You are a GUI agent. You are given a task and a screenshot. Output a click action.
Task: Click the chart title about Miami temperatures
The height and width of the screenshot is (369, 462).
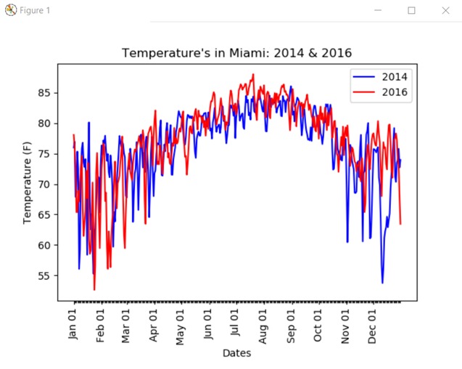point(236,53)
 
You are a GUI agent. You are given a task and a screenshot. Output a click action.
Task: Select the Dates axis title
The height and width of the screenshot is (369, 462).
point(236,354)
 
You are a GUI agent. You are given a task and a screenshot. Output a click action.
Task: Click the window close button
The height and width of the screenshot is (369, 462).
point(445,10)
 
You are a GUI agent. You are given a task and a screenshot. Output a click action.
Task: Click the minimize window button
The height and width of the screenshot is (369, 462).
point(378,10)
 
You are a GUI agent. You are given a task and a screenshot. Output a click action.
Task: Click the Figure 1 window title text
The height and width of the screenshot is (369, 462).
point(35,10)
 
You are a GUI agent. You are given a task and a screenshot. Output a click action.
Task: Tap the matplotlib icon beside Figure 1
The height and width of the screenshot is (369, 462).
point(11,10)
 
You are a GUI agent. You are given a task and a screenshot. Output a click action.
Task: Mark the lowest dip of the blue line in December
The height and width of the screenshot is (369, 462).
point(382,283)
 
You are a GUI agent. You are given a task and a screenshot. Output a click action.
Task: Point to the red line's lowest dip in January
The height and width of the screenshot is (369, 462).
point(94,289)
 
